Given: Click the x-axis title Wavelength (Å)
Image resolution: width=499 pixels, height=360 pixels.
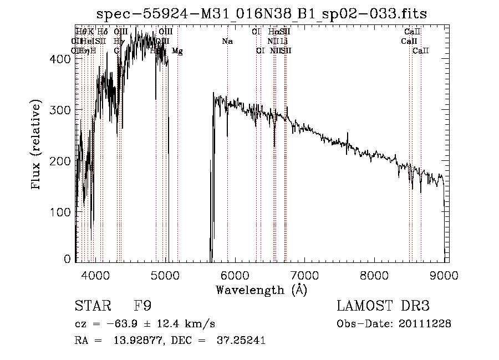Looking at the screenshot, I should [x=261, y=290].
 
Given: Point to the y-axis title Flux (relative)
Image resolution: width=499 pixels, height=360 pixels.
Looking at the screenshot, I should [x=37, y=145].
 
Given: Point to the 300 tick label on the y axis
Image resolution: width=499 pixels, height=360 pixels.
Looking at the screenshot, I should [x=64, y=110].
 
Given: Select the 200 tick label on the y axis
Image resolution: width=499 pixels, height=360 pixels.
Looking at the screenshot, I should [x=64, y=161].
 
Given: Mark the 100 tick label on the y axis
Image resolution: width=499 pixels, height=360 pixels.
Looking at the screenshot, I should [x=64, y=212].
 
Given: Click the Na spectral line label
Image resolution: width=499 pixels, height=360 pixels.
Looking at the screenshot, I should [x=227, y=42].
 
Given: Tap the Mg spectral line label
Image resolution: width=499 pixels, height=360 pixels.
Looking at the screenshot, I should [x=177, y=51].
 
